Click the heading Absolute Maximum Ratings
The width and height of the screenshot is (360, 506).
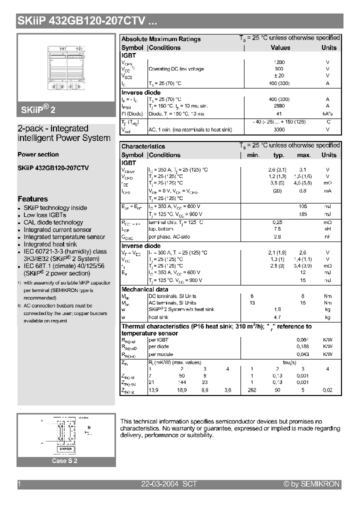[161, 39]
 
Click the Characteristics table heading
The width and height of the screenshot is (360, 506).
[143, 146]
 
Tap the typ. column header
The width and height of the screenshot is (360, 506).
[278, 155]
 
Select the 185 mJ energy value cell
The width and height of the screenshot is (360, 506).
[303, 214]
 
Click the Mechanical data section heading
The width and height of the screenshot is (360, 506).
[145, 289]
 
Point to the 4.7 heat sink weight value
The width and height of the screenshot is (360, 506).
[278, 317]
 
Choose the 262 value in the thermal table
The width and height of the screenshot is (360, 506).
[252, 389]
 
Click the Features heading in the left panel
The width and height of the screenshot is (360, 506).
[32, 199]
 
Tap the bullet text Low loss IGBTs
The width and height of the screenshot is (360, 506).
[45, 215]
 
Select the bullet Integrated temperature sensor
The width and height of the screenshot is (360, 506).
[64, 237]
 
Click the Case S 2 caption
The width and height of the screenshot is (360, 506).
[65, 461]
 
